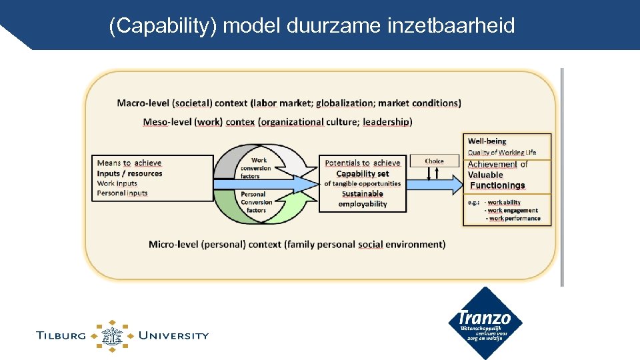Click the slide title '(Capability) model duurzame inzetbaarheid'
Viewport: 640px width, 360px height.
(x=312, y=26)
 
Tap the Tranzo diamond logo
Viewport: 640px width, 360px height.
(x=485, y=323)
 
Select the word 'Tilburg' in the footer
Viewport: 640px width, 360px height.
(x=61, y=335)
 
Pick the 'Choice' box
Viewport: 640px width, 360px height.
(x=434, y=161)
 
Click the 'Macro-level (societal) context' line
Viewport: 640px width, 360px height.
(x=289, y=103)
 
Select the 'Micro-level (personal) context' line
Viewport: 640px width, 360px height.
(x=297, y=245)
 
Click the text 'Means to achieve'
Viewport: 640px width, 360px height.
(x=129, y=163)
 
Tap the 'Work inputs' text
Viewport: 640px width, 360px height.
(x=117, y=183)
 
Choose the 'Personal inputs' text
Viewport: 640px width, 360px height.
(x=122, y=193)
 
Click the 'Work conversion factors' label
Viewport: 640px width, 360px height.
(x=257, y=168)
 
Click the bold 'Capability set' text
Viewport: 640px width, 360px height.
(x=363, y=173)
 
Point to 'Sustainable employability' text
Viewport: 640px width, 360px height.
(x=363, y=199)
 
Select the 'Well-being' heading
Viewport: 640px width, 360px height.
(x=487, y=141)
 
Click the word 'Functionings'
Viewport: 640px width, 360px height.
(x=497, y=186)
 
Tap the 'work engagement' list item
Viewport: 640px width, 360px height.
(x=512, y=211)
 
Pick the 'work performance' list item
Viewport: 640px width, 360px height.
(x=514, y=219)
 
